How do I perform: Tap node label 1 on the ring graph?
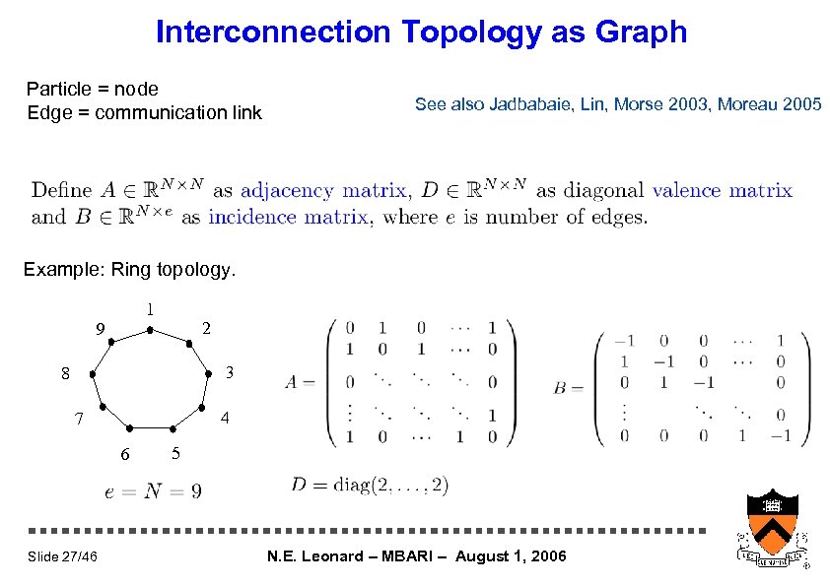click(150, 308)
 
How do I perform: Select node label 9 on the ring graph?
click(100, 328)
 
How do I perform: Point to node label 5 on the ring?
click(174, 453)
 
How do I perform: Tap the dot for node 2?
click(189, 341)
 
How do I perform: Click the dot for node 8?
click(90, 374)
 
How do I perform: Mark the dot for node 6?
click(131, 428)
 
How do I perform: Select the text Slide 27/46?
click(62, 557)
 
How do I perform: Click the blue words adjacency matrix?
click(323, 190)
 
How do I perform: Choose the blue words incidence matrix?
click(288, 217)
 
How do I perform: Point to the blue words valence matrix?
click(722, 190)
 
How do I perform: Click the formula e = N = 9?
click(153, 490)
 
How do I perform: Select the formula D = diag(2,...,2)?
click(370, 484)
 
